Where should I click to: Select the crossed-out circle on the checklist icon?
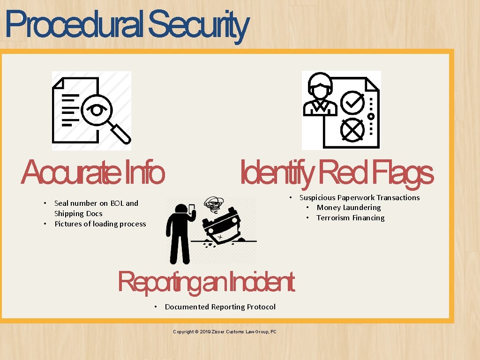tap(352, 129)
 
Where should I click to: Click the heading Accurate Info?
tap(93, 173)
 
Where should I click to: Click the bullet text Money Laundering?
tap(348, 208)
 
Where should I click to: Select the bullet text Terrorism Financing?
tap(350, 218)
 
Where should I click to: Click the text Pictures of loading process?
tap(100, 224)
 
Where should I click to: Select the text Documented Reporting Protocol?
tap(220, 307)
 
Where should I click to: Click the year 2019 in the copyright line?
tap(205, 332)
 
